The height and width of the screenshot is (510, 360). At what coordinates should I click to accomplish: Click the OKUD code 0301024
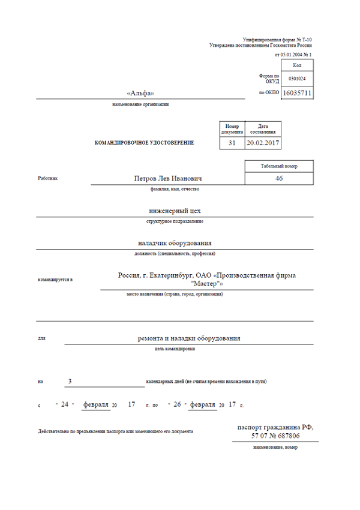pos(297,79)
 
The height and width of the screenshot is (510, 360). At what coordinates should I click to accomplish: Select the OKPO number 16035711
pos(297,93)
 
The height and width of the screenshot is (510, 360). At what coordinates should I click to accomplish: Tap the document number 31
pos(232,143)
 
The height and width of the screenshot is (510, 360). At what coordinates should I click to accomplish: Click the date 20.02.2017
pos(263,143)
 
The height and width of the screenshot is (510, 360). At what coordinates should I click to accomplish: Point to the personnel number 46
pos(278,178)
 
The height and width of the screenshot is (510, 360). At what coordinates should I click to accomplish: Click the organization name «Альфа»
pos(140,93)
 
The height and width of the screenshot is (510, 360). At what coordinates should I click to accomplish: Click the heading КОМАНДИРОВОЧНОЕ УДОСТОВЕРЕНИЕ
pos(145,143)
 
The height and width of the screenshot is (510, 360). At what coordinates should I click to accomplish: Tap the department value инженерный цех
pos(175,211)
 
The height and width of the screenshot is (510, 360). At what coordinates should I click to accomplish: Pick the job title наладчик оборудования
pos(175,243)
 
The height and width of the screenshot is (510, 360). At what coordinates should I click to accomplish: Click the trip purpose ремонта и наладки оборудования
pos(189,338)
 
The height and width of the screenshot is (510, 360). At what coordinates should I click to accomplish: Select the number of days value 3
pos(71,381)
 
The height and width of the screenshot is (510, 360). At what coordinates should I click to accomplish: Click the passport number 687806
pos(286,436)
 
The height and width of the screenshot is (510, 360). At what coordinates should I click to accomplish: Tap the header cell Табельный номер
pos(278,166)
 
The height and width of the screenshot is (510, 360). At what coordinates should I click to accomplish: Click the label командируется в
pos(55,280)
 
